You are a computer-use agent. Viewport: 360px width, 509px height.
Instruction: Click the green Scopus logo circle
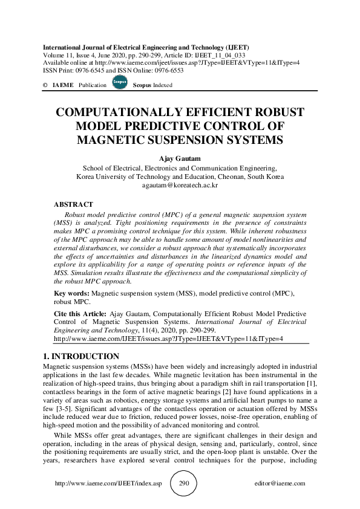(x=119, y=83)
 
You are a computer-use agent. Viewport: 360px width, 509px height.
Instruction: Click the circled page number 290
(x=185, y=484)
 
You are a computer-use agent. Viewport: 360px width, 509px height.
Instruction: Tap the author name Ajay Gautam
(x=179, y=159)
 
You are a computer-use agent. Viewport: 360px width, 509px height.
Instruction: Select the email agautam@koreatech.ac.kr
(x=179, y=186)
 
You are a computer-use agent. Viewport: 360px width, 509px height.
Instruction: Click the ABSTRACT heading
(x=73, y=205)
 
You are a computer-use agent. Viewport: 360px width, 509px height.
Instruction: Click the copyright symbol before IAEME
(x=45, y=85)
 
